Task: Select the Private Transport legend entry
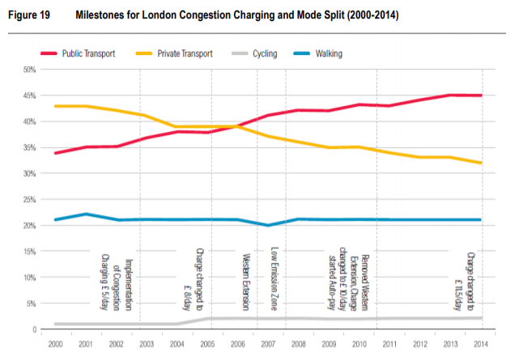point(177,53)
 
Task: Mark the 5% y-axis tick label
point(30,303)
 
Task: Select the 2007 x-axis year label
point(268,344)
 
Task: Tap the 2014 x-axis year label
point(482,344)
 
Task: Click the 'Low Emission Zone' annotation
point(274,280)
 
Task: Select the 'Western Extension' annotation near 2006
point(246,282)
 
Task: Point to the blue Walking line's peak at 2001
point(85,214)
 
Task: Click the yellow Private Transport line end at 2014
point(482,163)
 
